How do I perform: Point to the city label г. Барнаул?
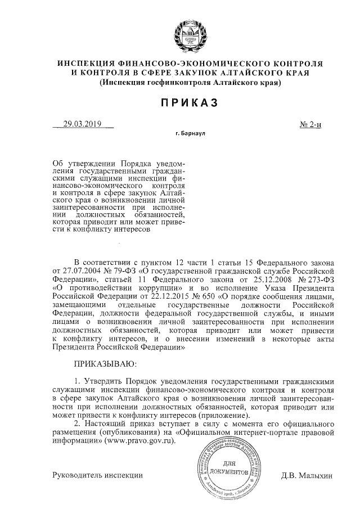(x=191, y=135)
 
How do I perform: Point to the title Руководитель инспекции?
(x=97, y=475)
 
